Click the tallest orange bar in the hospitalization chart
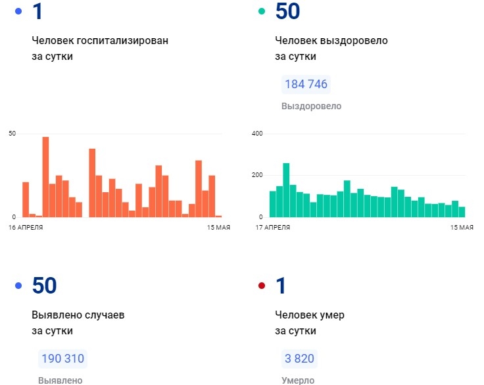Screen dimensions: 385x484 pyautogui.click(x=45, y=176)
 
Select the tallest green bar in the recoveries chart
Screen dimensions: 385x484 pyautogui.click(x=286, y=190)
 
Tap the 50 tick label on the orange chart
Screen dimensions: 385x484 pyautogui.click(x=12, y=134)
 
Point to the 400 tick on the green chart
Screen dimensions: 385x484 pyautogui.click(x=257, y=134)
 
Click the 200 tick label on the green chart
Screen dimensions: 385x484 pyautogui.click(x=257, y=175)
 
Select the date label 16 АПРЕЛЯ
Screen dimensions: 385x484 pyautogui.click(x=26, y=227)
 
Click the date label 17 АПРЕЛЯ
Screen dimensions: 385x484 pyautogui.click(x=273, y=227)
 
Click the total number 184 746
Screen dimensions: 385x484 pyautogui.click(x=305, y=84)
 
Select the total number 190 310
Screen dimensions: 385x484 pyautogui.click(x=62, y=359)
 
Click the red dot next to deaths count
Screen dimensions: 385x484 pyautogui.click(x=262, y=286)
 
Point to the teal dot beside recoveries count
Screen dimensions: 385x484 pyautogui.click(x=262, y=11)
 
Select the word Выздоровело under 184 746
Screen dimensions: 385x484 pyautogui.click(x=311, y=106)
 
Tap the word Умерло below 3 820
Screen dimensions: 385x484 pyautogui.click(x=298, y=380)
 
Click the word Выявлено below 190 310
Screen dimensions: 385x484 pyautogui.click(x=60, y=380)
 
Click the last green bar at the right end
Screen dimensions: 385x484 pyautogui.click(x=462, y=211)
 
